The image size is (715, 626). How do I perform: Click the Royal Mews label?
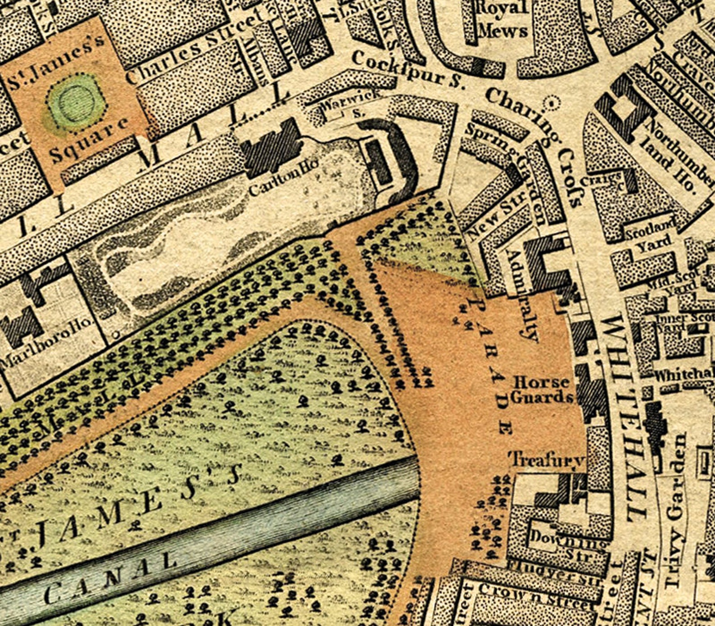[502, 20]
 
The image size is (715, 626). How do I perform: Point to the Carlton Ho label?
[285, 180]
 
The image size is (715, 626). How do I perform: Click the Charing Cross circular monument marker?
[550, 104]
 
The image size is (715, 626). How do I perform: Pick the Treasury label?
[547, 460]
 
